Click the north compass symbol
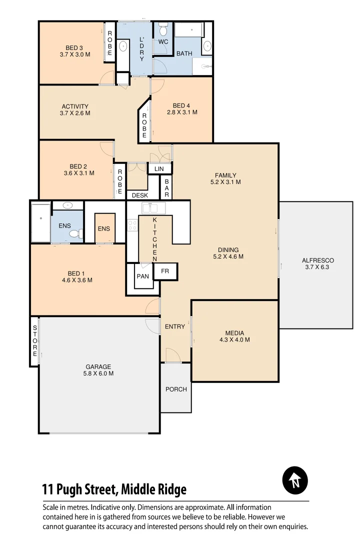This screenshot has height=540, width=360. [x=295, y=480]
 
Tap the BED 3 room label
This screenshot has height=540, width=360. [x=74, y=51]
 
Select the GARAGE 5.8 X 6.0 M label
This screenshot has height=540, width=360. [x=98, y=370]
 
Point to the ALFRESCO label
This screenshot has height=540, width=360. [x=317, y=263]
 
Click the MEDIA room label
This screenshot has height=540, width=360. [x=234, y=336]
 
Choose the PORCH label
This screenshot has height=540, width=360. [x=176, y=389]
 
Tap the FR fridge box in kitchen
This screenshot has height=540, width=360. [x=165, y=271]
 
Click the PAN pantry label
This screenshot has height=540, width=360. [x=142, y=276]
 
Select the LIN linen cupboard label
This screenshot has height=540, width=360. [x=159, y=169]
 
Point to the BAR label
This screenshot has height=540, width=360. [x=167, y=188]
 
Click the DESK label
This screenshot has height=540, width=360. [x=140, y=195]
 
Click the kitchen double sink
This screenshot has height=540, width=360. [x=150, y=208]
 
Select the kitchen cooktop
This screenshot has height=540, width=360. [x=132, y=225]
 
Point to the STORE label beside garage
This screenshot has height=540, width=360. [x=35, y=341]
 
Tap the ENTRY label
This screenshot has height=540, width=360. [x=175, y=326]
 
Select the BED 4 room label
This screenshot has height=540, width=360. [x=181, y=109]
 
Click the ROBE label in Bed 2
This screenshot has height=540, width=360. [x=120, y=181]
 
